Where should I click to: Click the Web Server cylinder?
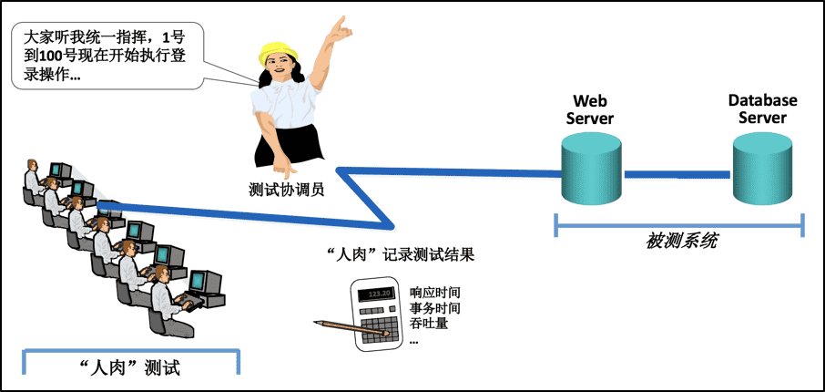click(591, 170)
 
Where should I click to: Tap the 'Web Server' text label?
click(590, 109)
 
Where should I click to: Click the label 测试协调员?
click(287, 192)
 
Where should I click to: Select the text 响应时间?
click(435, 294)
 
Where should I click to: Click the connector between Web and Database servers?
click(677, 174)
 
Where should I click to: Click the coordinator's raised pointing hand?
click(340, 29)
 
